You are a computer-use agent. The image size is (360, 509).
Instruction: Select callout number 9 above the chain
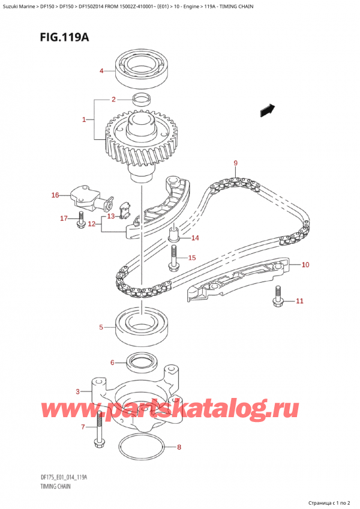point(236,163)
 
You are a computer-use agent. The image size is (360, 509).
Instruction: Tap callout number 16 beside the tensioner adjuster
point(55,195)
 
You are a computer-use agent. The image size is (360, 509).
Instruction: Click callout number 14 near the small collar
point(194,238)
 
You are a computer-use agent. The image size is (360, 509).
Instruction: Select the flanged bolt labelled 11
point(278,297)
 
